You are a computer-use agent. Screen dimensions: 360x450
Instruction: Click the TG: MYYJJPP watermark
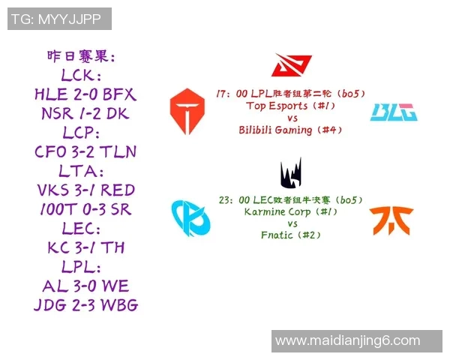coord(59,19)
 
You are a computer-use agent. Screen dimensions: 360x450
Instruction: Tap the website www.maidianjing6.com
coord(348,340)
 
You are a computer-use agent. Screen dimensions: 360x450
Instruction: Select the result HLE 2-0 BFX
coord(85,95)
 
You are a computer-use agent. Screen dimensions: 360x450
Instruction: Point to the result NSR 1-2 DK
coord(85,114)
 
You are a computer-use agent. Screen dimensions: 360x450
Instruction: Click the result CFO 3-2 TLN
coord(85,152)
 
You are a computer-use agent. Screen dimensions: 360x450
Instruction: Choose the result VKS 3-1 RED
coord(85,190)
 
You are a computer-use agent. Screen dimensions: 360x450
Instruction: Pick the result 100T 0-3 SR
coord(85,209)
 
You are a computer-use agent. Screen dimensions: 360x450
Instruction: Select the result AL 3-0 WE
coord(85,286)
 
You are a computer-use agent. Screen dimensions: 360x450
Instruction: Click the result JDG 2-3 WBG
coord(85,305)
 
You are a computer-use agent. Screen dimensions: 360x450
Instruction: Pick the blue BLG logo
coord(394,112)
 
